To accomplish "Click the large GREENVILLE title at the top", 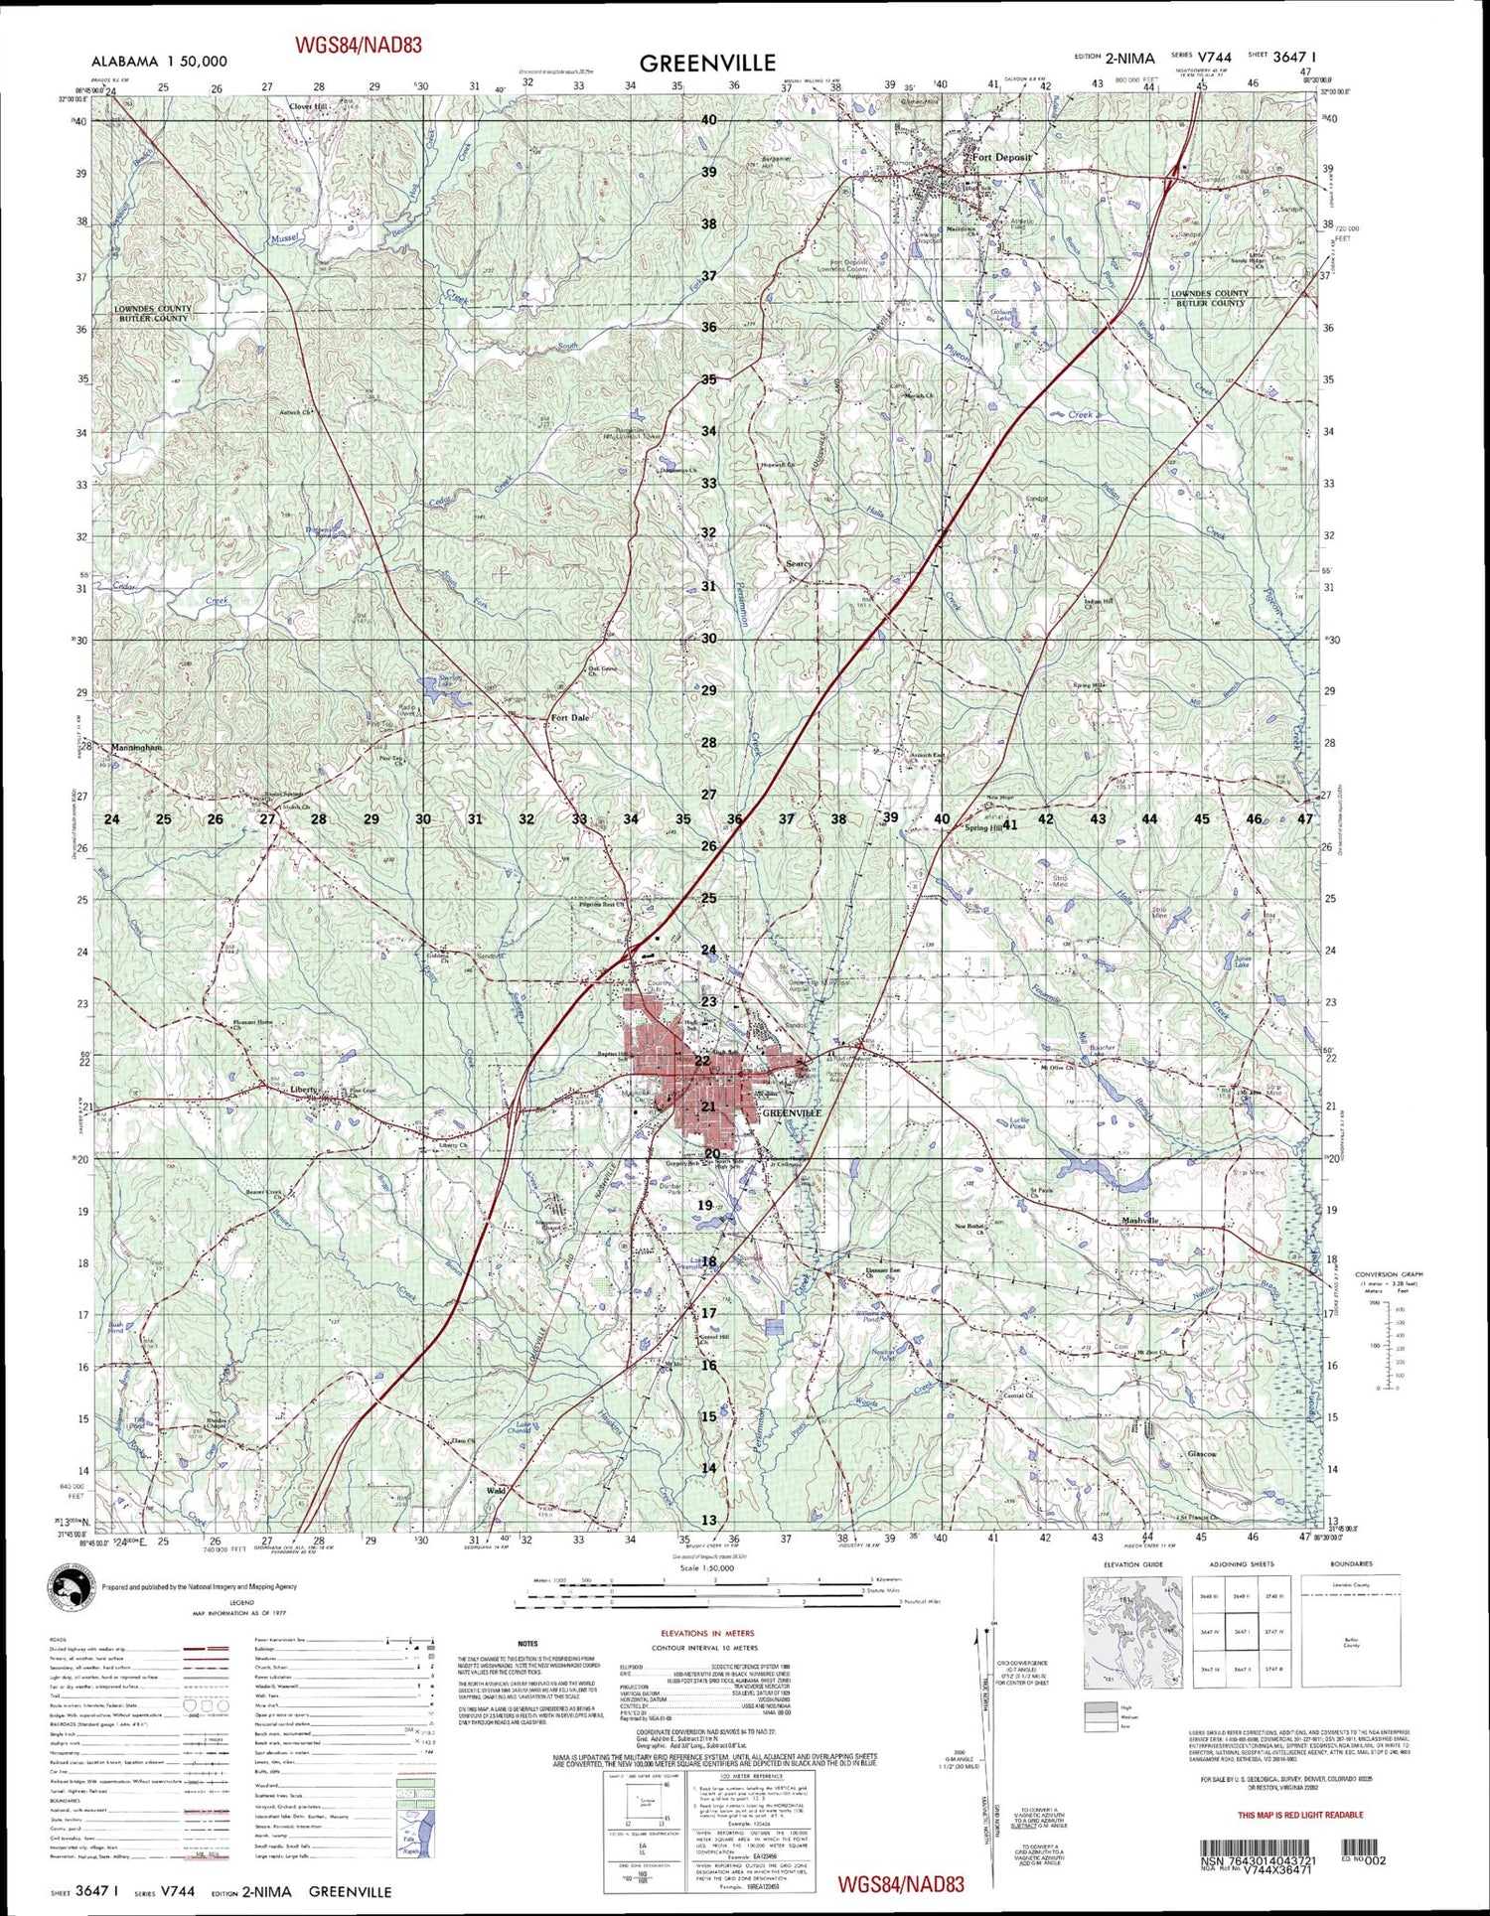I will pyautogui.click(x=707, y=64).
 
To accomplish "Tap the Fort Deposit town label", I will pyautogui.click(x=1001, y=157).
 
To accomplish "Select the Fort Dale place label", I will pyautogui.click(x=570, y=717).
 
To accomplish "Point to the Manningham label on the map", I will pyautogui.click(x=137, y=747).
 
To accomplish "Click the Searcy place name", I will pyautogui.click(x=799, y=563).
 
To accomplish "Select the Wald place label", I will pyautogui.click(x=496, y=1491).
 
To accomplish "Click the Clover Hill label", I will pyautogui.click(x=307, y=106).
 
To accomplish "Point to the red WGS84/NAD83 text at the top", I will pyautogui.click(x=358, y=45).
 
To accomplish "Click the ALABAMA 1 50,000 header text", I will pyautogui.click(x=159, y=62).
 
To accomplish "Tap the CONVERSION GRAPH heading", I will pyautogui.click(x=1389, y=1274).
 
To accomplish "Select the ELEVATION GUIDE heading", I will pyautogui.click(x=1133, y=1564).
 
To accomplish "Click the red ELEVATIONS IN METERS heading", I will pyautogui.click(x=707, y=1633).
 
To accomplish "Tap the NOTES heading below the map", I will pyautogui.click(x=527, y=1644).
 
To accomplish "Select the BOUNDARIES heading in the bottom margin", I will pyautogui.click(x=1349, y=1564).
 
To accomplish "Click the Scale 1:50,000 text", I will pyautogui.click(x=707, y=1568).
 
